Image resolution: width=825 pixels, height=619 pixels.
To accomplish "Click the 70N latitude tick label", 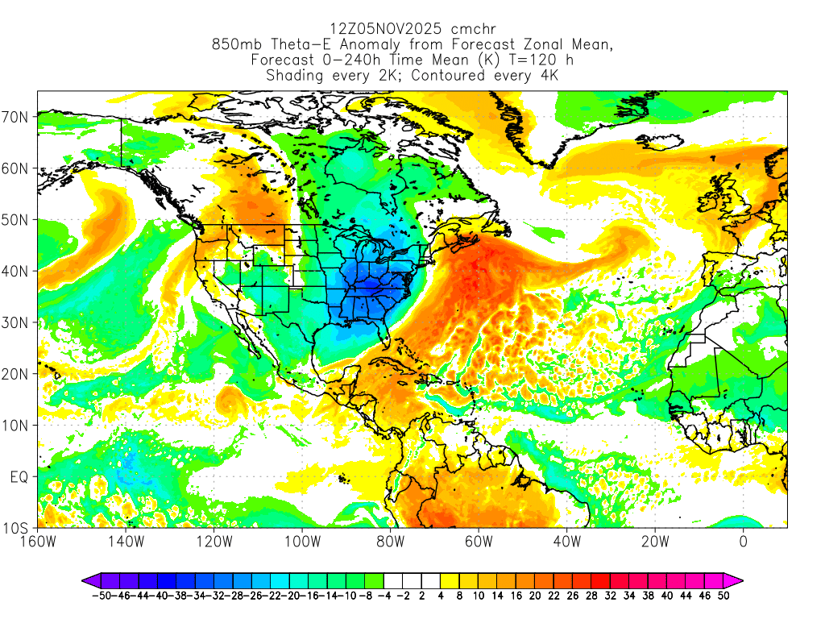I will (18, 117).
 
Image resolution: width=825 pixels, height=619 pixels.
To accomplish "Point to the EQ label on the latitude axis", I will (19, 477).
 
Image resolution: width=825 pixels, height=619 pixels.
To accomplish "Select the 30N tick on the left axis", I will (18, 322).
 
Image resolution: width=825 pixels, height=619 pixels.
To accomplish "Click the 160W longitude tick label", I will (38, 542).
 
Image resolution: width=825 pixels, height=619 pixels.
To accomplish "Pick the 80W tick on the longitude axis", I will (390, 542).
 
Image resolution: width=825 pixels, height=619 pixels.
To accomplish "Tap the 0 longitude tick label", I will (743, 542).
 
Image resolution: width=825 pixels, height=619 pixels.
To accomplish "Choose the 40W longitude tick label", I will (566, 542).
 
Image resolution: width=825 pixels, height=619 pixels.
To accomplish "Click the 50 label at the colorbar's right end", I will (723, 596).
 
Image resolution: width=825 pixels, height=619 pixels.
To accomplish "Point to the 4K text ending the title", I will (549, 76).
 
